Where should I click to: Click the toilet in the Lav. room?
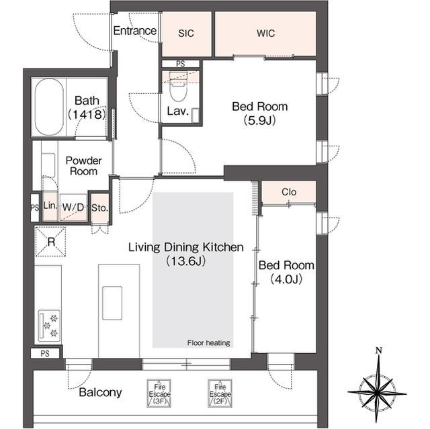pos(179,87)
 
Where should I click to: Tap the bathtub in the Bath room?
pos(49,107)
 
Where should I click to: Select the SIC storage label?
pos(186,34)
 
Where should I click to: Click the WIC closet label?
pos(265,34)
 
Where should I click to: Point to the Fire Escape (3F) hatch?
pos(159,393)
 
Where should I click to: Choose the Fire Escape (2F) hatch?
pos(220,393)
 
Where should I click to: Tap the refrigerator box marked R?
pos(51,242)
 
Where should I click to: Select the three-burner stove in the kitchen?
pos(49,326)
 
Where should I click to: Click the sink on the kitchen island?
pos(112,303)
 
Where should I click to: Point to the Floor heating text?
pos(209,342)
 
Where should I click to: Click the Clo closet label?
pos(289,192)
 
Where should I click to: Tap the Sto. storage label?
pos(100,208)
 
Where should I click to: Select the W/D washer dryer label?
pos(73,207)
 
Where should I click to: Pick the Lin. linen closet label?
pos(50,205)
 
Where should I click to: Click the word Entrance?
pos(135,31)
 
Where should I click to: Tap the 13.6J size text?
pos(186,261)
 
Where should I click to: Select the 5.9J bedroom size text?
pos(259,120)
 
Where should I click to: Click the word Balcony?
pos(100,392)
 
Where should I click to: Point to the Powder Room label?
pos(83,166)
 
